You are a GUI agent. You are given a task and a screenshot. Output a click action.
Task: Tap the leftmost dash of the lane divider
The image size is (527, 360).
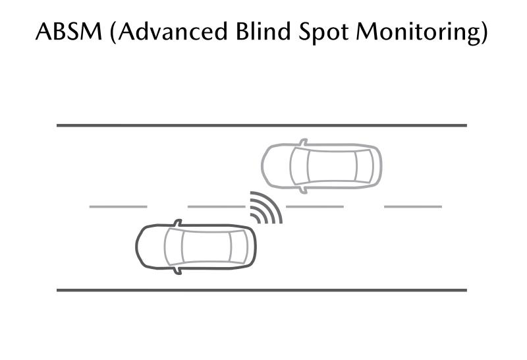pos(118,206)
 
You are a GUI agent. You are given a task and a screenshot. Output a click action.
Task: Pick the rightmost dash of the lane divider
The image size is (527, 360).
pos(412,206)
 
